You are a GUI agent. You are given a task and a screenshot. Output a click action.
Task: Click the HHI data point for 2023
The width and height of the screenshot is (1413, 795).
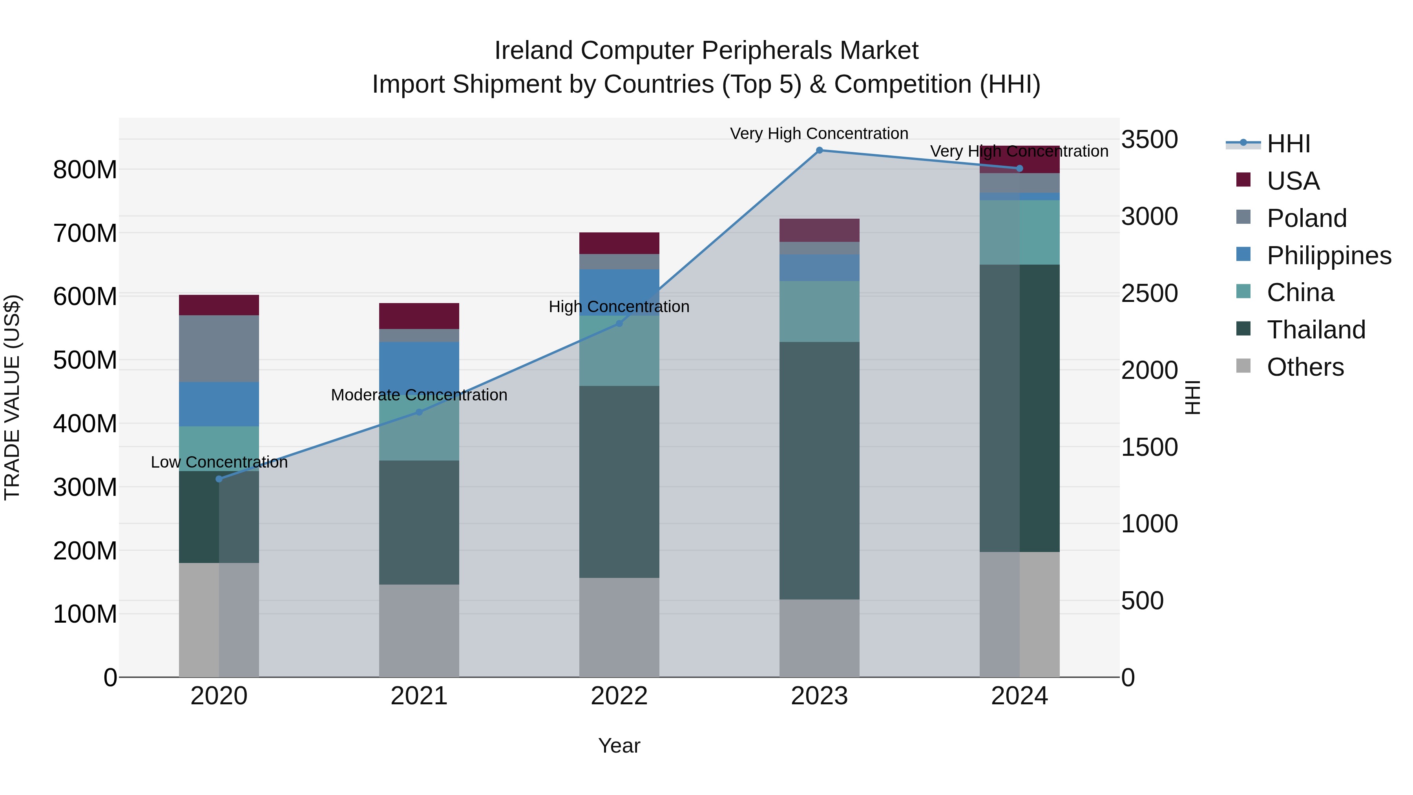[819, 150]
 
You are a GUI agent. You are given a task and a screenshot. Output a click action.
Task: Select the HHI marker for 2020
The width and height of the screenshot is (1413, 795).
[219, 479]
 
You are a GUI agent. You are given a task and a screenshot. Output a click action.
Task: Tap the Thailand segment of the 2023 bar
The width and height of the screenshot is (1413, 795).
[819, 470]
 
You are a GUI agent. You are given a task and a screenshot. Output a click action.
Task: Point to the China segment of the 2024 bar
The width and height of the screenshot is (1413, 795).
[1019, 232]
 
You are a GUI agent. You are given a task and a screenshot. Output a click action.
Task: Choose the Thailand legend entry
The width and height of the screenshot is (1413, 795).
[1315, 330]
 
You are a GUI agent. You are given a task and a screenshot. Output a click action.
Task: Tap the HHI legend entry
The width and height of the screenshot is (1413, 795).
[1287, 144]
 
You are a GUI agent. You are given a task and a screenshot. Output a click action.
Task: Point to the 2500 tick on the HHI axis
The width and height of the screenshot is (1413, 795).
[1149, 294]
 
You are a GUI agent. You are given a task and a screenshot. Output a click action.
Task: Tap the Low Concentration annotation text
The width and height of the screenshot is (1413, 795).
[219, 462]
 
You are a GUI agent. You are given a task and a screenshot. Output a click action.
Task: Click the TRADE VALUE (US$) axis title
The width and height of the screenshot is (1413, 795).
[12, 397]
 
